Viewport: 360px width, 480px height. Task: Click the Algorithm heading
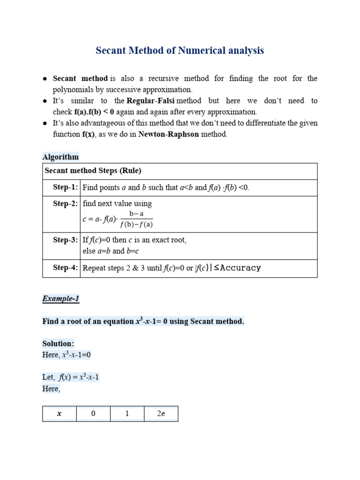pyautogui.click(x=60, y=157)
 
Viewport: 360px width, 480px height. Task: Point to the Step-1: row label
pyautogui.click(x=66, y=187)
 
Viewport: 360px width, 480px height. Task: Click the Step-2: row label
pyautogui.click(x=66, y=203)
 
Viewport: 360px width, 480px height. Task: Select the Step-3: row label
pyautogui.click(x=66, y=240)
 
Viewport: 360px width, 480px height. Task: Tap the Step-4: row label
pyautogui.click(x=66, y=268)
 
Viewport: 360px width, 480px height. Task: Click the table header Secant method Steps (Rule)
pyautogui.click(x=92, y=171)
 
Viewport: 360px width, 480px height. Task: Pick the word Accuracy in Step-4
pyautogui.click(x=240, y=268)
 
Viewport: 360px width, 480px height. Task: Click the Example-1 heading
pyautogui.click(x=60, y=299)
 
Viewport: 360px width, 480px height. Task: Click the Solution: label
pyautogui.click(x=58, y=344)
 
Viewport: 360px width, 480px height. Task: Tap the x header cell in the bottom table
pyautogui.click(x=60, y=414)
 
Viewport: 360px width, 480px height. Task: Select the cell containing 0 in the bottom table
pyautogui.click(x=93, y=414)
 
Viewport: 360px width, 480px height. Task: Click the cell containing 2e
pyautogui.click(x=161, y=414)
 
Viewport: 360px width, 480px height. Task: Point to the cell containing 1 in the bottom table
pyautogui.click(x=127, y=414)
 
